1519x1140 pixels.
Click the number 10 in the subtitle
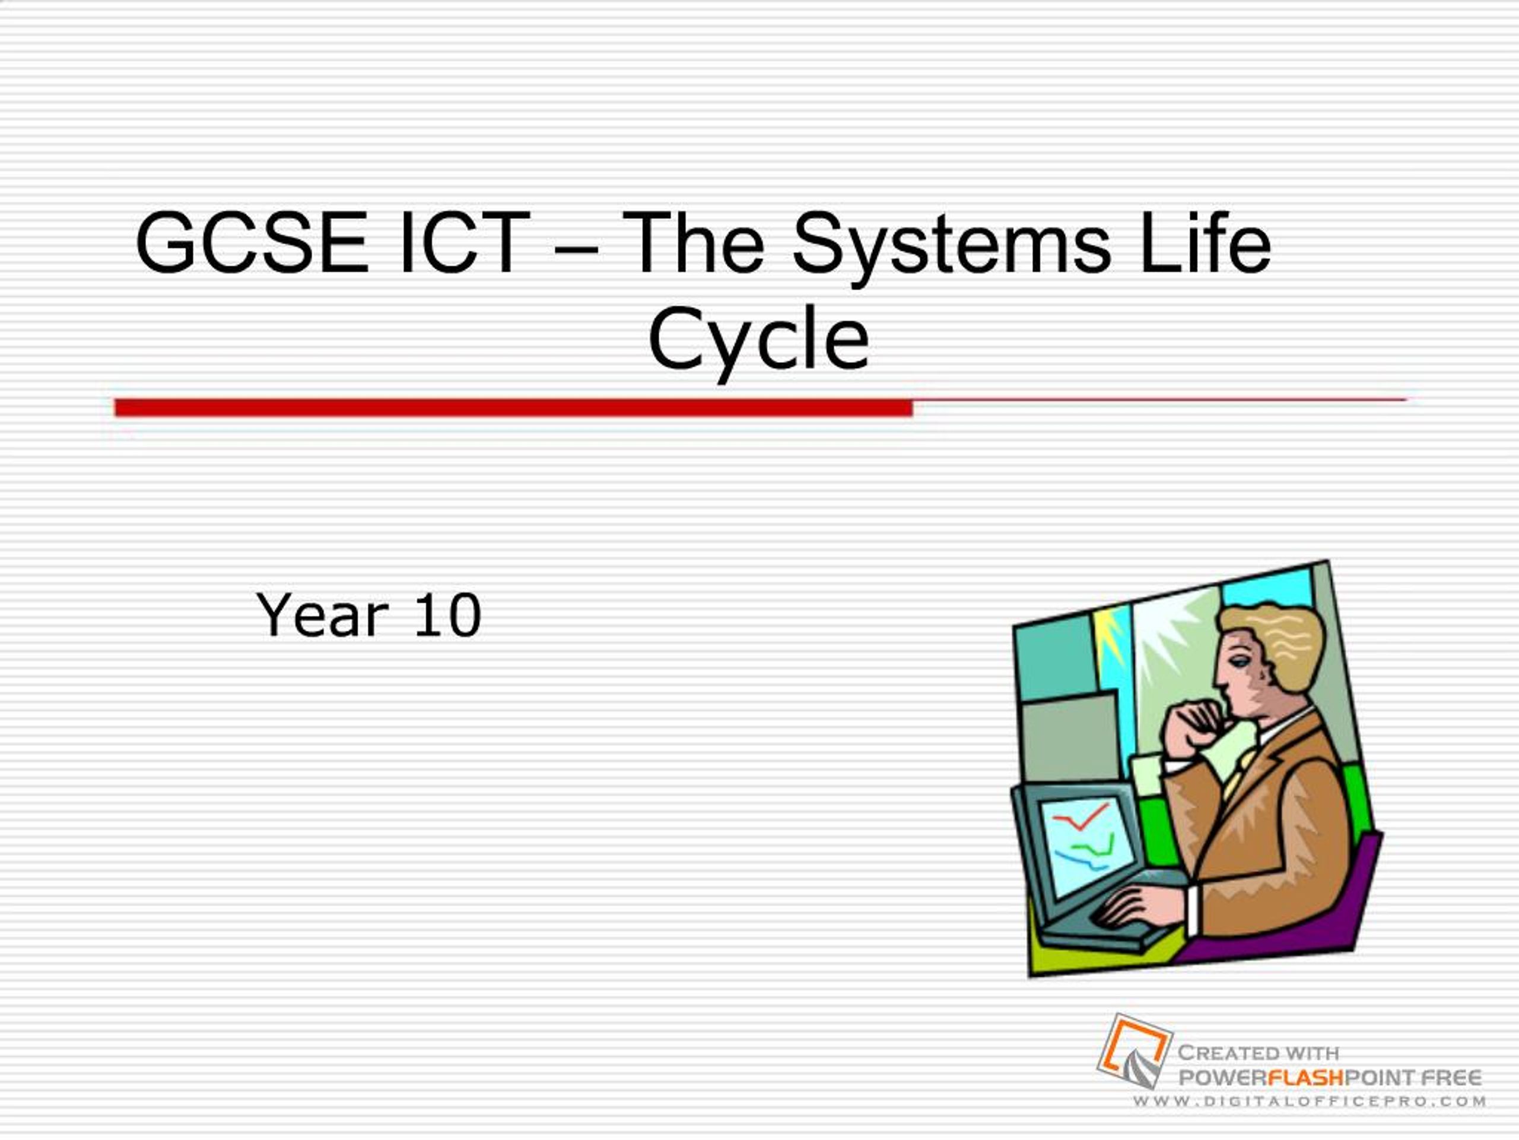(447, 615)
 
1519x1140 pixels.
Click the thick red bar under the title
(513, 407)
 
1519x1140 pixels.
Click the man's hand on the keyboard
(1133, 907)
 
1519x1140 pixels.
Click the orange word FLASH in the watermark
(1305, 1077)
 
